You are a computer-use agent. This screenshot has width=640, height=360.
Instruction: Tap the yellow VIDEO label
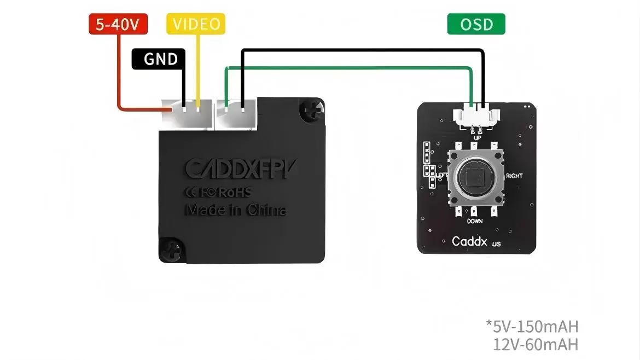point(196,24)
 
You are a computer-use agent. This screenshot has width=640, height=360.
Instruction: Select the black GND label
point(159,59)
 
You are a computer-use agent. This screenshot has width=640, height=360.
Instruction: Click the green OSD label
point(476,25)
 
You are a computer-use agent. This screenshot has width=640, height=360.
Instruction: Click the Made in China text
point(235,210)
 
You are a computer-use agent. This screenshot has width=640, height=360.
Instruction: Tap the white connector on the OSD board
point(476,115)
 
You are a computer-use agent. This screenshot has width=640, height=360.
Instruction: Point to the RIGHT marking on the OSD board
point(514,176)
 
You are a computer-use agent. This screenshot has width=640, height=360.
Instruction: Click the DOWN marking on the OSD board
point(474,222)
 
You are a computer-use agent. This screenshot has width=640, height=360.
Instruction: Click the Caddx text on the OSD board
point(469,241)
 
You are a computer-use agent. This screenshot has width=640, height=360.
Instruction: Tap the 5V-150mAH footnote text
point(532,327)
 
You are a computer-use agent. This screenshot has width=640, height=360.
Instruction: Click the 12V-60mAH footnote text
point(535,345)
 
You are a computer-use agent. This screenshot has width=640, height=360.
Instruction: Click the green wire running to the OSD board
point(350,68)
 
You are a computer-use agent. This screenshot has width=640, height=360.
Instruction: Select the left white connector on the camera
point(186,113)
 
